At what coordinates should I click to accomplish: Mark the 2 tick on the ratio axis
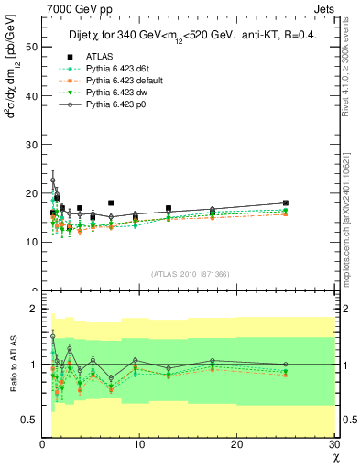[33, 309]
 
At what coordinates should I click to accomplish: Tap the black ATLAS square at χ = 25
[286, 203]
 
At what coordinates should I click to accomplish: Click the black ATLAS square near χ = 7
[111, 203]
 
